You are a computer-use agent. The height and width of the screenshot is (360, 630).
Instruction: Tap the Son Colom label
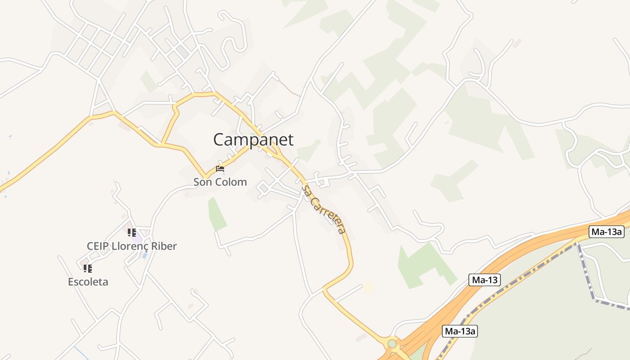pos(220,182)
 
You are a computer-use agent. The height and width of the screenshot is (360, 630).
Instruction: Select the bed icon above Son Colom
pos(220,169)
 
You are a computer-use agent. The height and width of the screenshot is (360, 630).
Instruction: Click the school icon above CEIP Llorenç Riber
pos(131,232)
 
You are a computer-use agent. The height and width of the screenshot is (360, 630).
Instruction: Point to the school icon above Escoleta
pos(87,268)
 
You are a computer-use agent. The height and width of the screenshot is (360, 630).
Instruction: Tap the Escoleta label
pos(88,282)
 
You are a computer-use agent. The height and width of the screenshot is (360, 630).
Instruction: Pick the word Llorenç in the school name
pos(129,246)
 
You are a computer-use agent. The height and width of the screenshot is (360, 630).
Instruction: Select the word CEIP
pos(98,246)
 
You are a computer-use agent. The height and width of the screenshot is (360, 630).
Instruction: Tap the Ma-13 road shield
pos(484,280)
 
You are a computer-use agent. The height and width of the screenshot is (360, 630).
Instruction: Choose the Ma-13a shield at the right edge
pos(606,232)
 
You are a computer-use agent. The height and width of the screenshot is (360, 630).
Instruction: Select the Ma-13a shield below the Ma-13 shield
pos(459,332)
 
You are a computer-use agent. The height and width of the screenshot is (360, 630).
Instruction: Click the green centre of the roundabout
pos(392,344)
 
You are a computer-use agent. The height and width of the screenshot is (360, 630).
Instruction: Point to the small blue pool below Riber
pos(144,256)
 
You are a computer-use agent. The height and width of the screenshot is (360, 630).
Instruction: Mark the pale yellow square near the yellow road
pos(369,287)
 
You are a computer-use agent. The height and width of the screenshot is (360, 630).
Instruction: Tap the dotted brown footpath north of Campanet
pos(289,88)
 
